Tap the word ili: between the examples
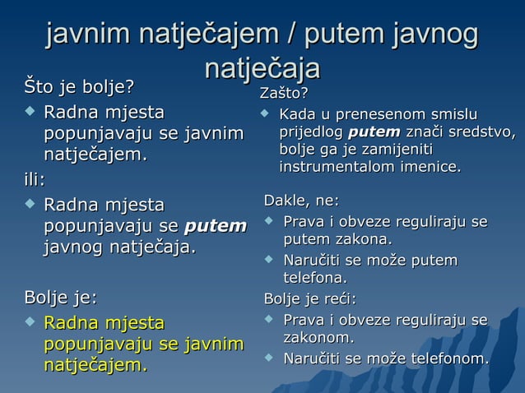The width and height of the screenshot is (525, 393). coord(34,178)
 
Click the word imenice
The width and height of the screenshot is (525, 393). coord(431,167)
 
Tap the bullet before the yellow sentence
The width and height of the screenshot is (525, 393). coord(30,323)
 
